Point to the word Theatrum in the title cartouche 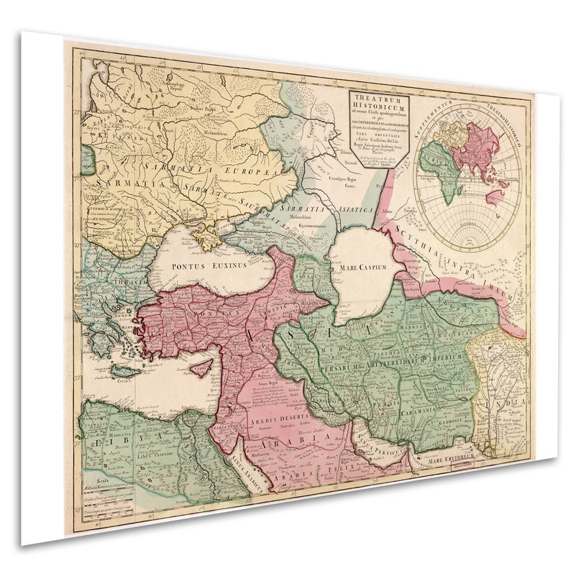tap(379, 100)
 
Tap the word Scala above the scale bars tap(93, 477)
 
